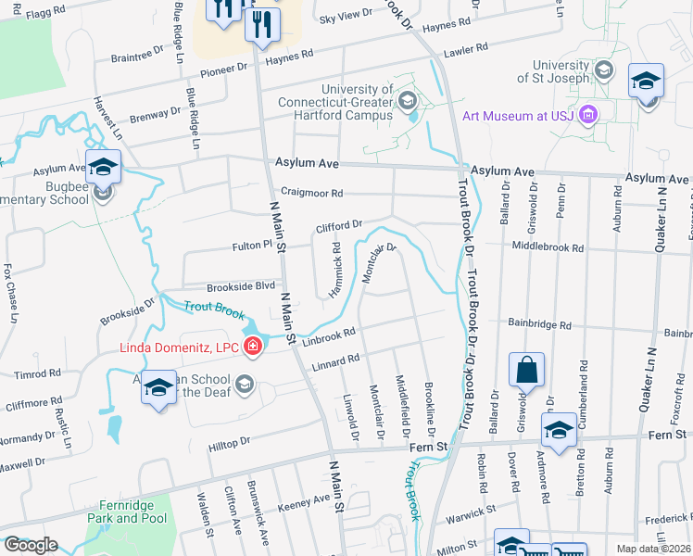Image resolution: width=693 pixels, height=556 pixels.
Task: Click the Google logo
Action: click(x=31, y=545)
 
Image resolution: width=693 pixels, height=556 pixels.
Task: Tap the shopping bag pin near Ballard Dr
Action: click(x=526, y=371)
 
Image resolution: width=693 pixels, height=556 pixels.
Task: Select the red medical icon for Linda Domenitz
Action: click(x=252, y=347)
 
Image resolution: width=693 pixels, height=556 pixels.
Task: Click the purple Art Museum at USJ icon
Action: click(x=587, y=115)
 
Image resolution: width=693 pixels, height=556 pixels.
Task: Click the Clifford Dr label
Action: click(x=338, y=226)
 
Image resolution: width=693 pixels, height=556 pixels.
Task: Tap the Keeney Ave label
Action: click(x=305, y=499)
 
